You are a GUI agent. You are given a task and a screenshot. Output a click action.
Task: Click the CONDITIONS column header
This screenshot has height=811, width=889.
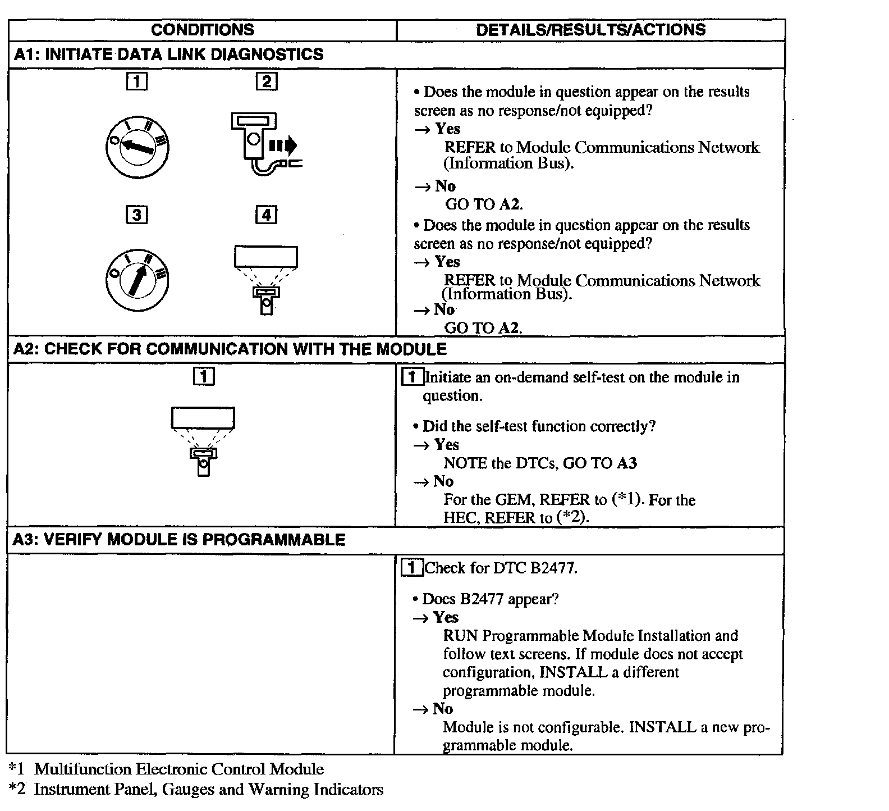202,30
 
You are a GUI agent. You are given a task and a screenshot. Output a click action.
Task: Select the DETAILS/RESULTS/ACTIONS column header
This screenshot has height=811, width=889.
590,30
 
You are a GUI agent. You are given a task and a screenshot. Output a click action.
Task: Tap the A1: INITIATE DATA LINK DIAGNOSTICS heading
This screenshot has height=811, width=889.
168,54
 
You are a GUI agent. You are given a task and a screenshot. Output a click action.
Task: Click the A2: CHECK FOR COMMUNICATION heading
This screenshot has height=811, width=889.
230,349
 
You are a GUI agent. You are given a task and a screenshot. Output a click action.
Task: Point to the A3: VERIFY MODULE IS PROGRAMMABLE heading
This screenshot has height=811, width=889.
178,540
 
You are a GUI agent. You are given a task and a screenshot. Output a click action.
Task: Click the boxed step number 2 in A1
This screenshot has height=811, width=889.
267,82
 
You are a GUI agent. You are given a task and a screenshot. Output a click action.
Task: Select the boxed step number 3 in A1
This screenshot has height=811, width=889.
137,215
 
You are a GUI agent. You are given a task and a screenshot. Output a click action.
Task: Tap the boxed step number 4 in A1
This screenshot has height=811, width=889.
267,215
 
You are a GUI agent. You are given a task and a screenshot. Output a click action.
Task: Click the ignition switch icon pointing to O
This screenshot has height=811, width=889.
138,147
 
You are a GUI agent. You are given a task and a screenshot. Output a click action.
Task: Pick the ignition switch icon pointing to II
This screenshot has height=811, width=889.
138,280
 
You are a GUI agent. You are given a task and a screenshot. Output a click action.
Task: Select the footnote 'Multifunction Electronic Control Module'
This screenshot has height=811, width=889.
178,769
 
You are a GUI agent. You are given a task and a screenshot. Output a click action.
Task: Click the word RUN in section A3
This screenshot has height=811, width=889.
460,636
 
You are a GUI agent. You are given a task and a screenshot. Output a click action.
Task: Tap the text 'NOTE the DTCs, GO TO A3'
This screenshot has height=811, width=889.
540,463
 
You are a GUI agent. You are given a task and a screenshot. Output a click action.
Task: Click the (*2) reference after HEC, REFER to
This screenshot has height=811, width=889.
572,517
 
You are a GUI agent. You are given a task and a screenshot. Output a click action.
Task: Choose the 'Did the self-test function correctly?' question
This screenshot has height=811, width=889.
539,426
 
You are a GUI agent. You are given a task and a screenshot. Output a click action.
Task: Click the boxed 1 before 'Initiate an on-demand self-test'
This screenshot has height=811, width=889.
413,377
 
